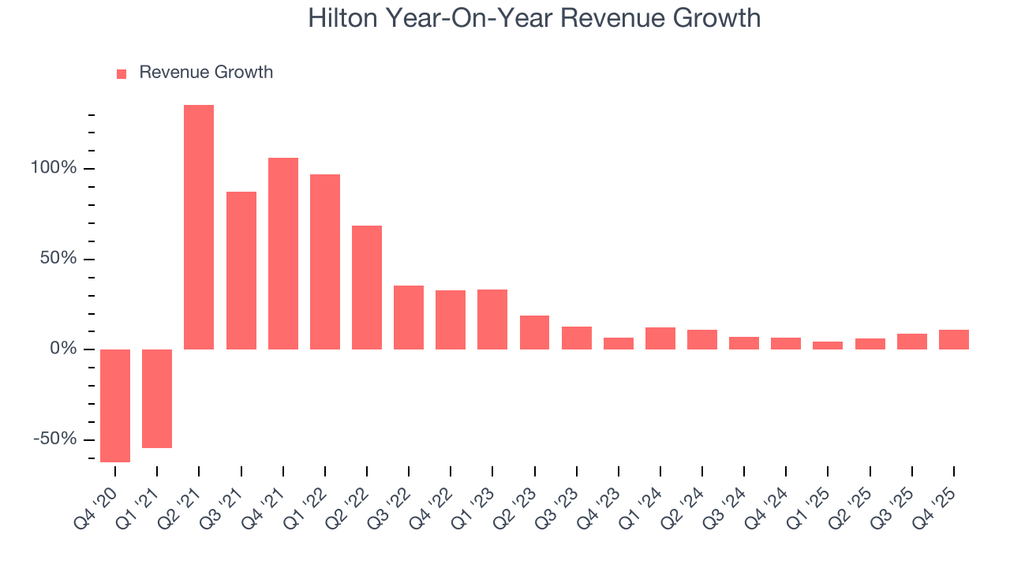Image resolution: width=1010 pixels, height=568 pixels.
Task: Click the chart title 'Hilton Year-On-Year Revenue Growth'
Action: click(x=534, y=18)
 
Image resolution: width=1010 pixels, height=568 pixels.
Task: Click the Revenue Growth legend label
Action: click(x=206, y=73)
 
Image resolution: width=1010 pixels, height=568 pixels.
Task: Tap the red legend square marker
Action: click(x=122, y=73)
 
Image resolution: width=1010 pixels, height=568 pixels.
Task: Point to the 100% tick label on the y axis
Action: click(x=54, y=169)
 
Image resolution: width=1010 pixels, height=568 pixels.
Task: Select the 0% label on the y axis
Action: click(x=64, y=349)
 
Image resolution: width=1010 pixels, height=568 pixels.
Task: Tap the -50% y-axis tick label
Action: click(x=56, y=439)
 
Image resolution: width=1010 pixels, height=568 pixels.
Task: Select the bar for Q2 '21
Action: click(x=199, y=227)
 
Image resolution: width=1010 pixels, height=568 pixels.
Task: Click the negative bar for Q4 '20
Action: click(x=115, y=405)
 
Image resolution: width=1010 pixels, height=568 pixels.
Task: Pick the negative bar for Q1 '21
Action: click(x=157, y=398)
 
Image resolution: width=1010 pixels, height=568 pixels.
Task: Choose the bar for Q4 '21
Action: click(x=283, y=253)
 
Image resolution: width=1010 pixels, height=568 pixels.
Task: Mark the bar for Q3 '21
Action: click(x=241, y=271)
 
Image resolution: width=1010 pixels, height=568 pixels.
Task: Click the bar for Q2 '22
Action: click(x=367, y=287)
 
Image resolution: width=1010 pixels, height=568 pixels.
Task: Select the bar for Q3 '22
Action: click(x=409, y=317)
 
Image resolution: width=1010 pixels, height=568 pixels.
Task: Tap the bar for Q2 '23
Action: click(x=534, y=332)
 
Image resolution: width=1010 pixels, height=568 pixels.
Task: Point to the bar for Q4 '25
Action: click(x=954, y=339)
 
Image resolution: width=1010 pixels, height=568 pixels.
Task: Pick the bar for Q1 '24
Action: click(x=660, y=338)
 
